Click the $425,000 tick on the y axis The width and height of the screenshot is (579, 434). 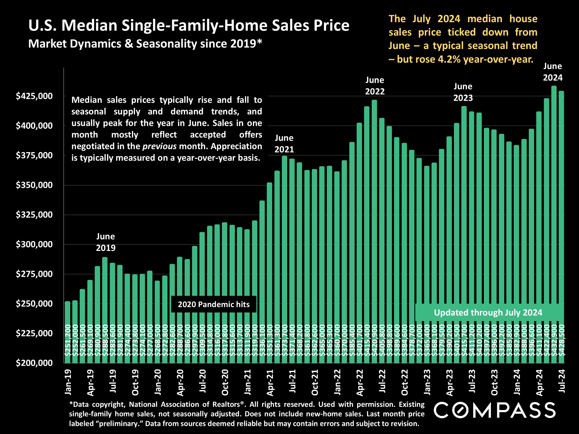34,96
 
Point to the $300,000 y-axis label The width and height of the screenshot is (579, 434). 34,245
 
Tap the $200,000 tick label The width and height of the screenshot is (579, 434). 34,363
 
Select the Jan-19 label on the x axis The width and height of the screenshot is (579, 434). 68,382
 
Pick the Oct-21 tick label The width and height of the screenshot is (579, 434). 315,382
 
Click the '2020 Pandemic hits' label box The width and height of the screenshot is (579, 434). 214,304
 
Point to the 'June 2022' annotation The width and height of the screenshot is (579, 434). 374,86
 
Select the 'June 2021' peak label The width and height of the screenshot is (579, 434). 284,144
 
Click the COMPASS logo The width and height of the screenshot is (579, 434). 494,410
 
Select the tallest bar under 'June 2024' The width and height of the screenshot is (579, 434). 554,209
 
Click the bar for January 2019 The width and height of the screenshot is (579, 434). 68,332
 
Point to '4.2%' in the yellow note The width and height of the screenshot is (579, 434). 449,59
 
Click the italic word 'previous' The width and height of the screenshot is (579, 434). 159,146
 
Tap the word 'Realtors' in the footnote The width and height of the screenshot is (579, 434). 226,404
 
